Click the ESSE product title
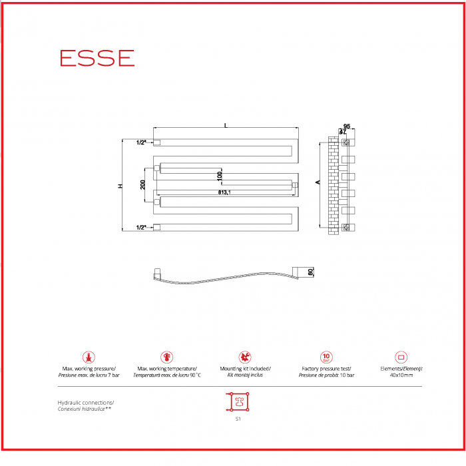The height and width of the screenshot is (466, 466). coord(97,58)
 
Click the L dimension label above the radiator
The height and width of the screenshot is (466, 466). coord(226,125)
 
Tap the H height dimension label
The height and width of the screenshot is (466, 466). coord(120,186)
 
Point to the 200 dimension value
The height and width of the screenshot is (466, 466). coord(143,184)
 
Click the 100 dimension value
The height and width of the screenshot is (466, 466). coord(219,175)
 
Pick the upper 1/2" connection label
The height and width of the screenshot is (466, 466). coord(140,142)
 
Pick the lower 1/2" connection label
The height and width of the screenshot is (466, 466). coord(140,228)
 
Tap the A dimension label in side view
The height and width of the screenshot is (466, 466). coord(318,182)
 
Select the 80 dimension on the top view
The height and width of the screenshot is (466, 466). coord(310,272)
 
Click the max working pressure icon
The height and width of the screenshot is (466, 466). coord(89,357)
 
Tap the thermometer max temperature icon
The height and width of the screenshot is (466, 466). coord(166,357)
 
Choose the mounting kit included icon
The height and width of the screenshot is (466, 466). coord(245,357)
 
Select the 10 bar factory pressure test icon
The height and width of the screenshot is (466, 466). coord(326,357)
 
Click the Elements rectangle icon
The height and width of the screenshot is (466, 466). coord(401,357)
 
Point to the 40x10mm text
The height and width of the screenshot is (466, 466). coord(401,375)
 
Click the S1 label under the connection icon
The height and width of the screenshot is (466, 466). coord(238,419)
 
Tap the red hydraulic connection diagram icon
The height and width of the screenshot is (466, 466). coord(238,402)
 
